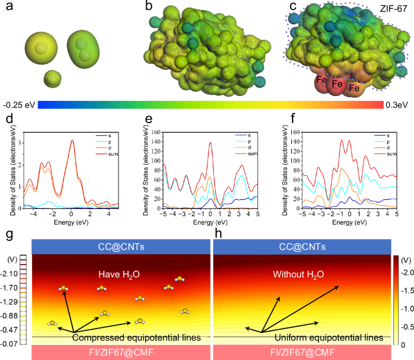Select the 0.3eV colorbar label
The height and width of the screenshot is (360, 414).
coord(399,104)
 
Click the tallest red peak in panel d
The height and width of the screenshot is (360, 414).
coord(72,140)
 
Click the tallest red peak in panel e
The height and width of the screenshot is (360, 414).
coord(210,143)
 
